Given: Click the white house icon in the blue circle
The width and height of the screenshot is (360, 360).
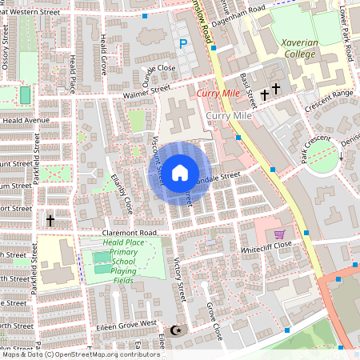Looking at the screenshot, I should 180,172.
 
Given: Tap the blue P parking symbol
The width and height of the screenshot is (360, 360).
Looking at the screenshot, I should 182,45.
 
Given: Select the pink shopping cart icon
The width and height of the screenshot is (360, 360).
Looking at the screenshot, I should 278,234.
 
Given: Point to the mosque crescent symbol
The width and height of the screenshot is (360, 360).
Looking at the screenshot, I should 177,330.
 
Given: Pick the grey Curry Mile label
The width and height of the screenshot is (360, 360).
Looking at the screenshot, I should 229,117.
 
